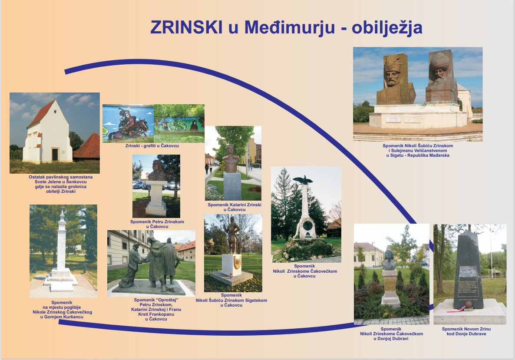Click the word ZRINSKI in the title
click(186, 27)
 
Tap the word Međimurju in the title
click(289, 28)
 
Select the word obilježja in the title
click(387, 28)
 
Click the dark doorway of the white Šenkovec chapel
click(55, 155)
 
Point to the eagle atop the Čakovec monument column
click(303, 180)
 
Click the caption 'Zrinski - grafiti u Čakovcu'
click(152, 145)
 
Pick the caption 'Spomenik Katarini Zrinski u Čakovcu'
click(234, 207)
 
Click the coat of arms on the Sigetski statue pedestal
click(237, 263)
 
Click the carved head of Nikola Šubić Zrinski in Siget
click(393, 72)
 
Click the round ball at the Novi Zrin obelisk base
click(468, 305)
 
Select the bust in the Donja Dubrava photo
click(389, 260)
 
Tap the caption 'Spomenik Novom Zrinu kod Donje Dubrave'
click(466, 331)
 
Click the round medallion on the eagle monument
click(307, 226)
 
